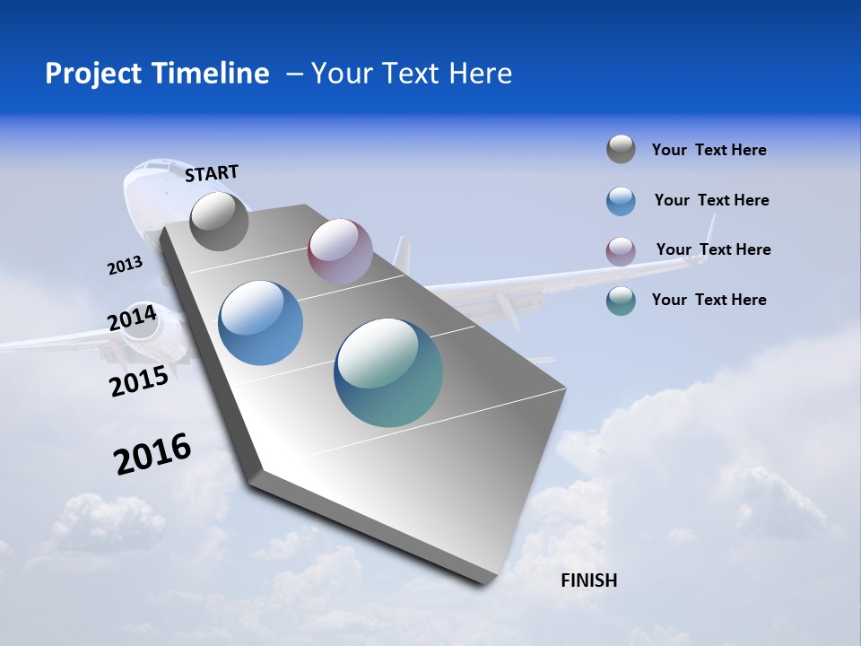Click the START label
[x=212, y=172]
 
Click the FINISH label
[x=588, y=581]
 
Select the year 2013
[x=125, y=266]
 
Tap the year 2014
[x=132, y=319]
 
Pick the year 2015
[x=138, y=381]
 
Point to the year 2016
[x=152, y=454]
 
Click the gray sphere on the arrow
[x=219, y=221]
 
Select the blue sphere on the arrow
[x=260, y=323]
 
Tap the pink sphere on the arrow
[x=340, y=251]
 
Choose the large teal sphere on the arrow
[x=388, y=372]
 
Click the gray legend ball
[x=621, y=149]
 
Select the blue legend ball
[x=621, y=201]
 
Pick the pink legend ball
[x=621, y=251]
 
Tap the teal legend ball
[x=621, y=301]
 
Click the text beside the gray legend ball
[x=709, y=150]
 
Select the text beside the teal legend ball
[x=709, y=300]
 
